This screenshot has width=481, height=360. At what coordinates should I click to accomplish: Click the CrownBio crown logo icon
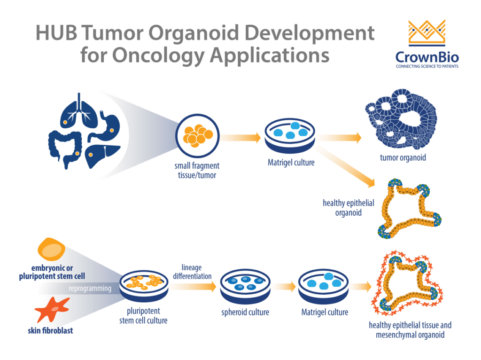(x=427, y=33)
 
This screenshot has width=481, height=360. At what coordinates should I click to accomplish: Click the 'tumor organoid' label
(x=403, y=157)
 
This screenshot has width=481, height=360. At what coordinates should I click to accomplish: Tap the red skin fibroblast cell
(x=52, y=309)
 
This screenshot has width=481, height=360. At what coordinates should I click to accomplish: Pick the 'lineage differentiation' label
(x=192, y=272)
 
